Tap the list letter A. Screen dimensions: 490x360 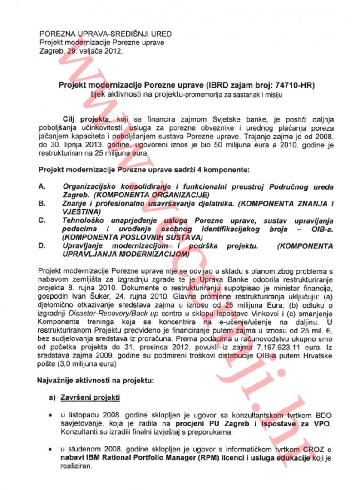click(41, 186)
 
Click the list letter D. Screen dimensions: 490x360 click(41, 246)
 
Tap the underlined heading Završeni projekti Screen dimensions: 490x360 click(90, 398)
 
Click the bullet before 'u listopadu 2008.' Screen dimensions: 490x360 click(50, 416)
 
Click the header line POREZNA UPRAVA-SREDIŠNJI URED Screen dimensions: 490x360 click(106, 34)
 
